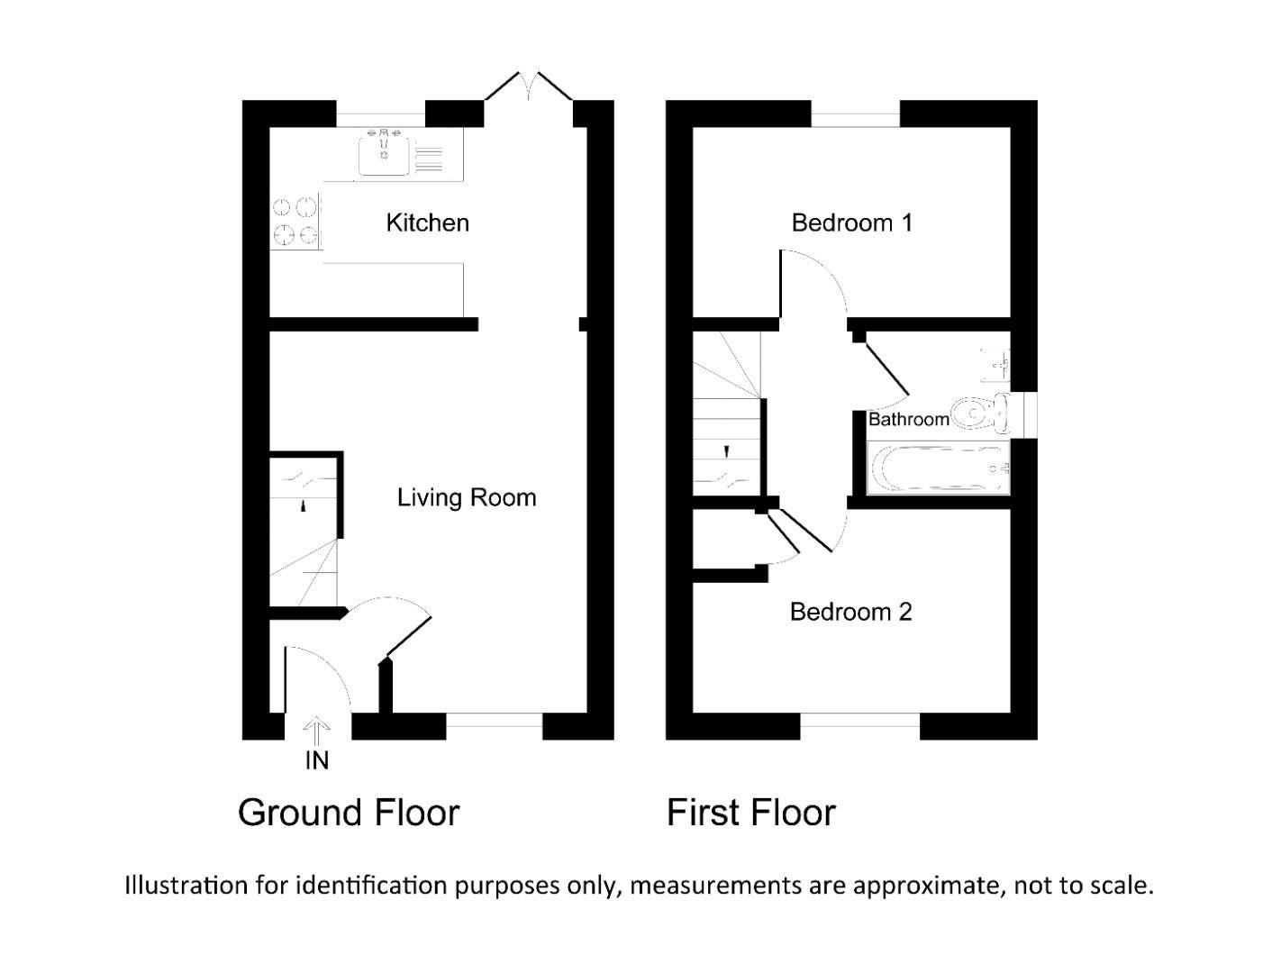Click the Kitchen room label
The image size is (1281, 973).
427,223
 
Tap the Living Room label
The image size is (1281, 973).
467,497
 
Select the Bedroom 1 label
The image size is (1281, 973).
851,223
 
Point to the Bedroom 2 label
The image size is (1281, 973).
850,612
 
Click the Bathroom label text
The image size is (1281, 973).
908,419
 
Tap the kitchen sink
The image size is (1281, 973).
385,153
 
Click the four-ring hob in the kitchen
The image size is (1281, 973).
296,222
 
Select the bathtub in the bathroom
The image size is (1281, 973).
938,468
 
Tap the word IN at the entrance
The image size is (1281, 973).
317,760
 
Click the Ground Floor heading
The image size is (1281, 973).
349,813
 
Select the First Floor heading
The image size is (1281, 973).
750,813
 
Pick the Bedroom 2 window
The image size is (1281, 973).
859,721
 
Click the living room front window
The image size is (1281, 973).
494,721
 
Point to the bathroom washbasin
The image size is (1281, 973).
997,362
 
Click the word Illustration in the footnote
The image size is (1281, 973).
186,885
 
